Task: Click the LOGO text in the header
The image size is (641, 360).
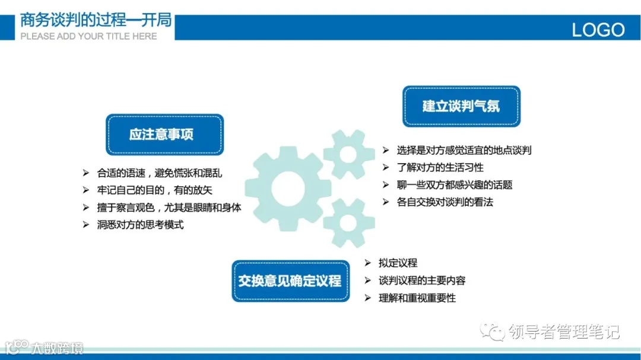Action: click(x=598, y=29)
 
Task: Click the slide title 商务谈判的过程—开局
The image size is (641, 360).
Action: click(x=96, y=21)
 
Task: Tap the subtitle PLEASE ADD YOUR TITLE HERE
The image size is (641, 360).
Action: click(x=88, y=36)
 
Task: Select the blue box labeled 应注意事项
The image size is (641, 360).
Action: click(x=164, y=135)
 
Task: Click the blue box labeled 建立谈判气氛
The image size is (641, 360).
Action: click(x=461, y=106)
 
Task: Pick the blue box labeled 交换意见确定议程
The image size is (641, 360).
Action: click(x=290, y=281)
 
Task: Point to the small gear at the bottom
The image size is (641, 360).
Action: click(x=348, y=222)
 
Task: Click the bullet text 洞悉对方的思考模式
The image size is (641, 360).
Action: click(x=141, y=225)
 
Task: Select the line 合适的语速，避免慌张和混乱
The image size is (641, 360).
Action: click(x=163, y=173)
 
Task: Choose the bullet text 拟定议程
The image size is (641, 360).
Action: click(x=398, y=263)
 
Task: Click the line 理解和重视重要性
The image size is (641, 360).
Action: click(x=417, y=298)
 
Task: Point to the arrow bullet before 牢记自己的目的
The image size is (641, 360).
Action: click(x=85, y=190)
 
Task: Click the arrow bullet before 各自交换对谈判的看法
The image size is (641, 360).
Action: click(x=385, y=202)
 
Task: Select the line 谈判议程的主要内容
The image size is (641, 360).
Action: click(x=422, y=281)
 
